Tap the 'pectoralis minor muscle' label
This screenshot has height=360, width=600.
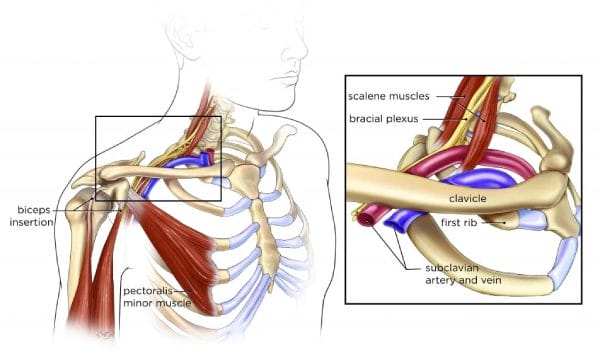pyautogui.click(x=154, y=296)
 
